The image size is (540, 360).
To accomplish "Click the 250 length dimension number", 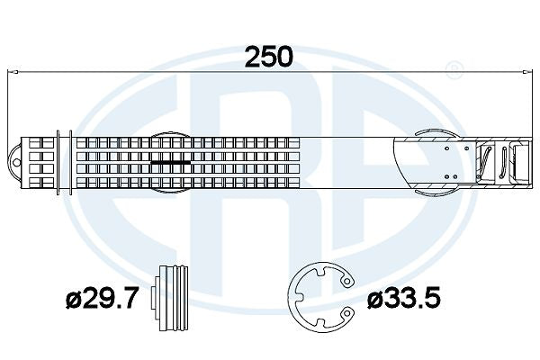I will click(270, 56).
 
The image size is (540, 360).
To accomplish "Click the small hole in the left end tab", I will click(13, 163).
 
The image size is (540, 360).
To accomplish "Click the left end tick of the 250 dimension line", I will click(8, 71).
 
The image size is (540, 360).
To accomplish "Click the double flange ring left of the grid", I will click(62, 163).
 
